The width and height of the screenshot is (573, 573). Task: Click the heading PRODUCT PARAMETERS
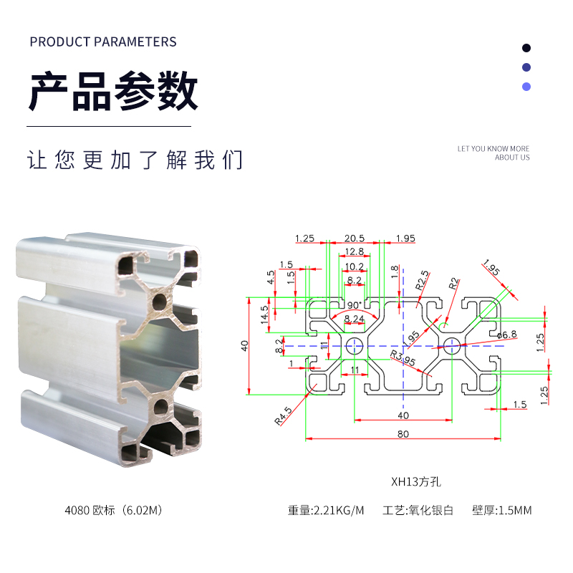[x=103, y=42]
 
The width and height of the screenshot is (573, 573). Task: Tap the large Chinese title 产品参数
[x=113, y=91]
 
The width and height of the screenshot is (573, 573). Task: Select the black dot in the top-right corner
[x=526, y=48]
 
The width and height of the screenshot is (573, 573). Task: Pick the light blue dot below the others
[x=526, y=87]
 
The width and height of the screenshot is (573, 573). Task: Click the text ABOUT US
[x=512, y=158]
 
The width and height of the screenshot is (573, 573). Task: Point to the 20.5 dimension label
[x=355, y=238]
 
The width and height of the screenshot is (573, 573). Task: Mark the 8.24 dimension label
[x=355, y=318]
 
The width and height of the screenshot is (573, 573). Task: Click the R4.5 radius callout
[x=284, y=416]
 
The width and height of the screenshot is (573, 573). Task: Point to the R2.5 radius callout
[x=422, y=281]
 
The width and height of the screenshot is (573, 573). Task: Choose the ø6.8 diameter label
[x=506, y=334]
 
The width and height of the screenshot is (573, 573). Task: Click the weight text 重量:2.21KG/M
[x=326, y=511]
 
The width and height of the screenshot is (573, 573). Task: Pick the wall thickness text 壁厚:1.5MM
[x=501, y=511]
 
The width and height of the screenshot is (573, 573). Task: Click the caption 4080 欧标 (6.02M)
[x=115, y=511]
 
